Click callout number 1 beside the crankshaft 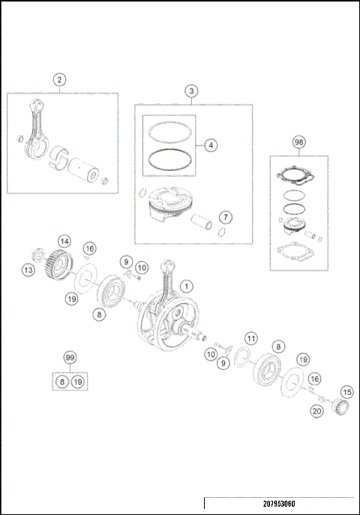coord(187,285)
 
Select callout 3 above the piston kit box coord(192,91)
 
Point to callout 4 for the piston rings coord(211,144)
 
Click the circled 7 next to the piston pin coord(223,218)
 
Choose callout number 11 coord(251,338)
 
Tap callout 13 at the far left coord(28,270)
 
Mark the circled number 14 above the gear coord(65,241)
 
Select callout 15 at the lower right coord(346,391)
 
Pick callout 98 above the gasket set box coord(298,142)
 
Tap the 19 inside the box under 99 coord(78,382)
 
